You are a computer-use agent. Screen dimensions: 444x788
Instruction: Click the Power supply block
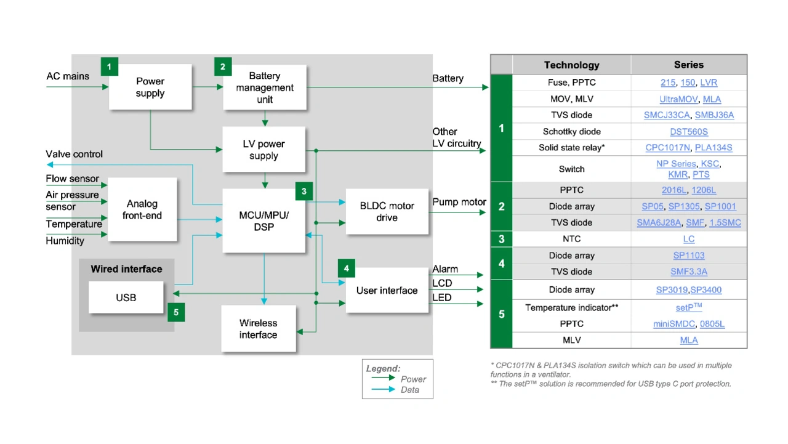pyautogui.click(x=150, y=87)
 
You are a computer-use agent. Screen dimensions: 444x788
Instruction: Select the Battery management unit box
pyautogui.click(x=265, y=87)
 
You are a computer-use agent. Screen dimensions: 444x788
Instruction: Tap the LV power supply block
pyautogui.click(x=263, y=150)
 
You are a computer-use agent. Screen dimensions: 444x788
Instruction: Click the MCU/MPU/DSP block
pyautogui.click(x=263, y=221)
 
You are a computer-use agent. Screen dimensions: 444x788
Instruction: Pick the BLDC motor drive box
pyautogui.click(x=387, y=212)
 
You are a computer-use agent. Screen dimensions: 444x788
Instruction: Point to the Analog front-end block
pyautogui.click(x=142, y=209)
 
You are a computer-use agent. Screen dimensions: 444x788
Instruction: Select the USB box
pyautogui.click(x=126, y=297)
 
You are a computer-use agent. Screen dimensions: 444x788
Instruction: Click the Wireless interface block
pyautogui.click(x=258, y=329)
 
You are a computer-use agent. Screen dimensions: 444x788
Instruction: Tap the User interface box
pyautogui.click(x=387, y=290)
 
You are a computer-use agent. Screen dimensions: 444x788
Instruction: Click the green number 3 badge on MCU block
pyautogui.click(x=304, y=192)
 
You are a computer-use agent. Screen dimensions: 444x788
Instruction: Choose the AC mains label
pyautogui.click(x=68, y=76)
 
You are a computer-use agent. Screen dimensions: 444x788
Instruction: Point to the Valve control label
pyautogui.click(x=74, y=154)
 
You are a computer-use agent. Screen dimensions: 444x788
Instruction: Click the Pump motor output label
pyautogui.click(x=459, y=202)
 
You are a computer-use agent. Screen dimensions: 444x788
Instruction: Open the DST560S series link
pyautogui.click(x=689, y=131)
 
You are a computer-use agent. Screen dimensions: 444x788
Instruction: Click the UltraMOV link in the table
pyautogui.click(x=677, y=99)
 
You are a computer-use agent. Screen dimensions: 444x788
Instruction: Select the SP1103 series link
pyautogui.click(x=689, y=256)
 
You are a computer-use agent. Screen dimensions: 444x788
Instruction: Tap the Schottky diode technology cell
pyautogui.click(x=571, y=131)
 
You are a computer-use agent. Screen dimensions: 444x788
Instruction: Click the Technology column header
pyautogui.click(x=571, y=65)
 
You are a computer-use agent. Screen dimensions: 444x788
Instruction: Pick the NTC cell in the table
pyautogui.click(x=571, y=239)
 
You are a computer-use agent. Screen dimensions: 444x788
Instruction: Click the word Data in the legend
pyautogui.click(x=410, y=390)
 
